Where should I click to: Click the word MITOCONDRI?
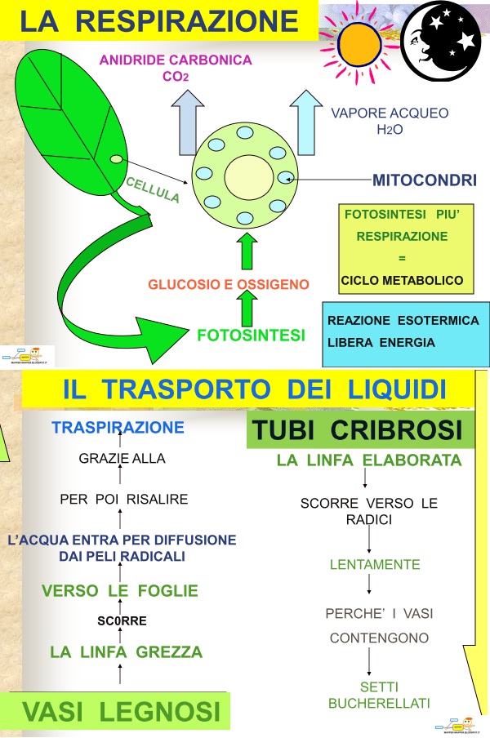click(424, 180)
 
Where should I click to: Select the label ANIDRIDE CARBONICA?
click(176, 60)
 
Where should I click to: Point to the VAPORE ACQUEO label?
click(390, 113)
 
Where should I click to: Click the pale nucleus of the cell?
click(248, 177)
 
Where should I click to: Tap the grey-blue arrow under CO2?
click(188, 122)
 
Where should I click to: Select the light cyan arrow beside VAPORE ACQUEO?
click(306, 122)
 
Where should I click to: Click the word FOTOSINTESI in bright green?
click(251, 335)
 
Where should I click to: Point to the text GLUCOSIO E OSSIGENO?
click(229, 284)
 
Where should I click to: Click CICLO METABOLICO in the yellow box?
click(402, 281)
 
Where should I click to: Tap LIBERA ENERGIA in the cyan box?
click(381, 342)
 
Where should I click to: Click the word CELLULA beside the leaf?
click(153, 189)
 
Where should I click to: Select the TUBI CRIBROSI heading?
click(357, 429)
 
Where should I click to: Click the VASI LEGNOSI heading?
click(121, 711)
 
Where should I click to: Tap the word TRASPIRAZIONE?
click(118, 427)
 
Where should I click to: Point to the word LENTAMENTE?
click(375, 564)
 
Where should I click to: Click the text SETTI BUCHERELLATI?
click(379, 696)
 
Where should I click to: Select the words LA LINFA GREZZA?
click(126, 651)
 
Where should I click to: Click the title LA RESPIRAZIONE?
click(159, 20)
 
